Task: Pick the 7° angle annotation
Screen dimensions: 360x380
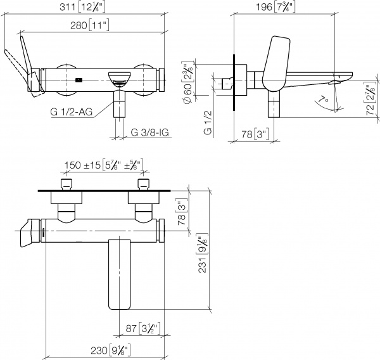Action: tap(324, 100)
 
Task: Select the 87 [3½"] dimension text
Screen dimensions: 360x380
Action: tap(141, 328)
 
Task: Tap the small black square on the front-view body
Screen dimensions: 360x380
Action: tap(78, 80)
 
